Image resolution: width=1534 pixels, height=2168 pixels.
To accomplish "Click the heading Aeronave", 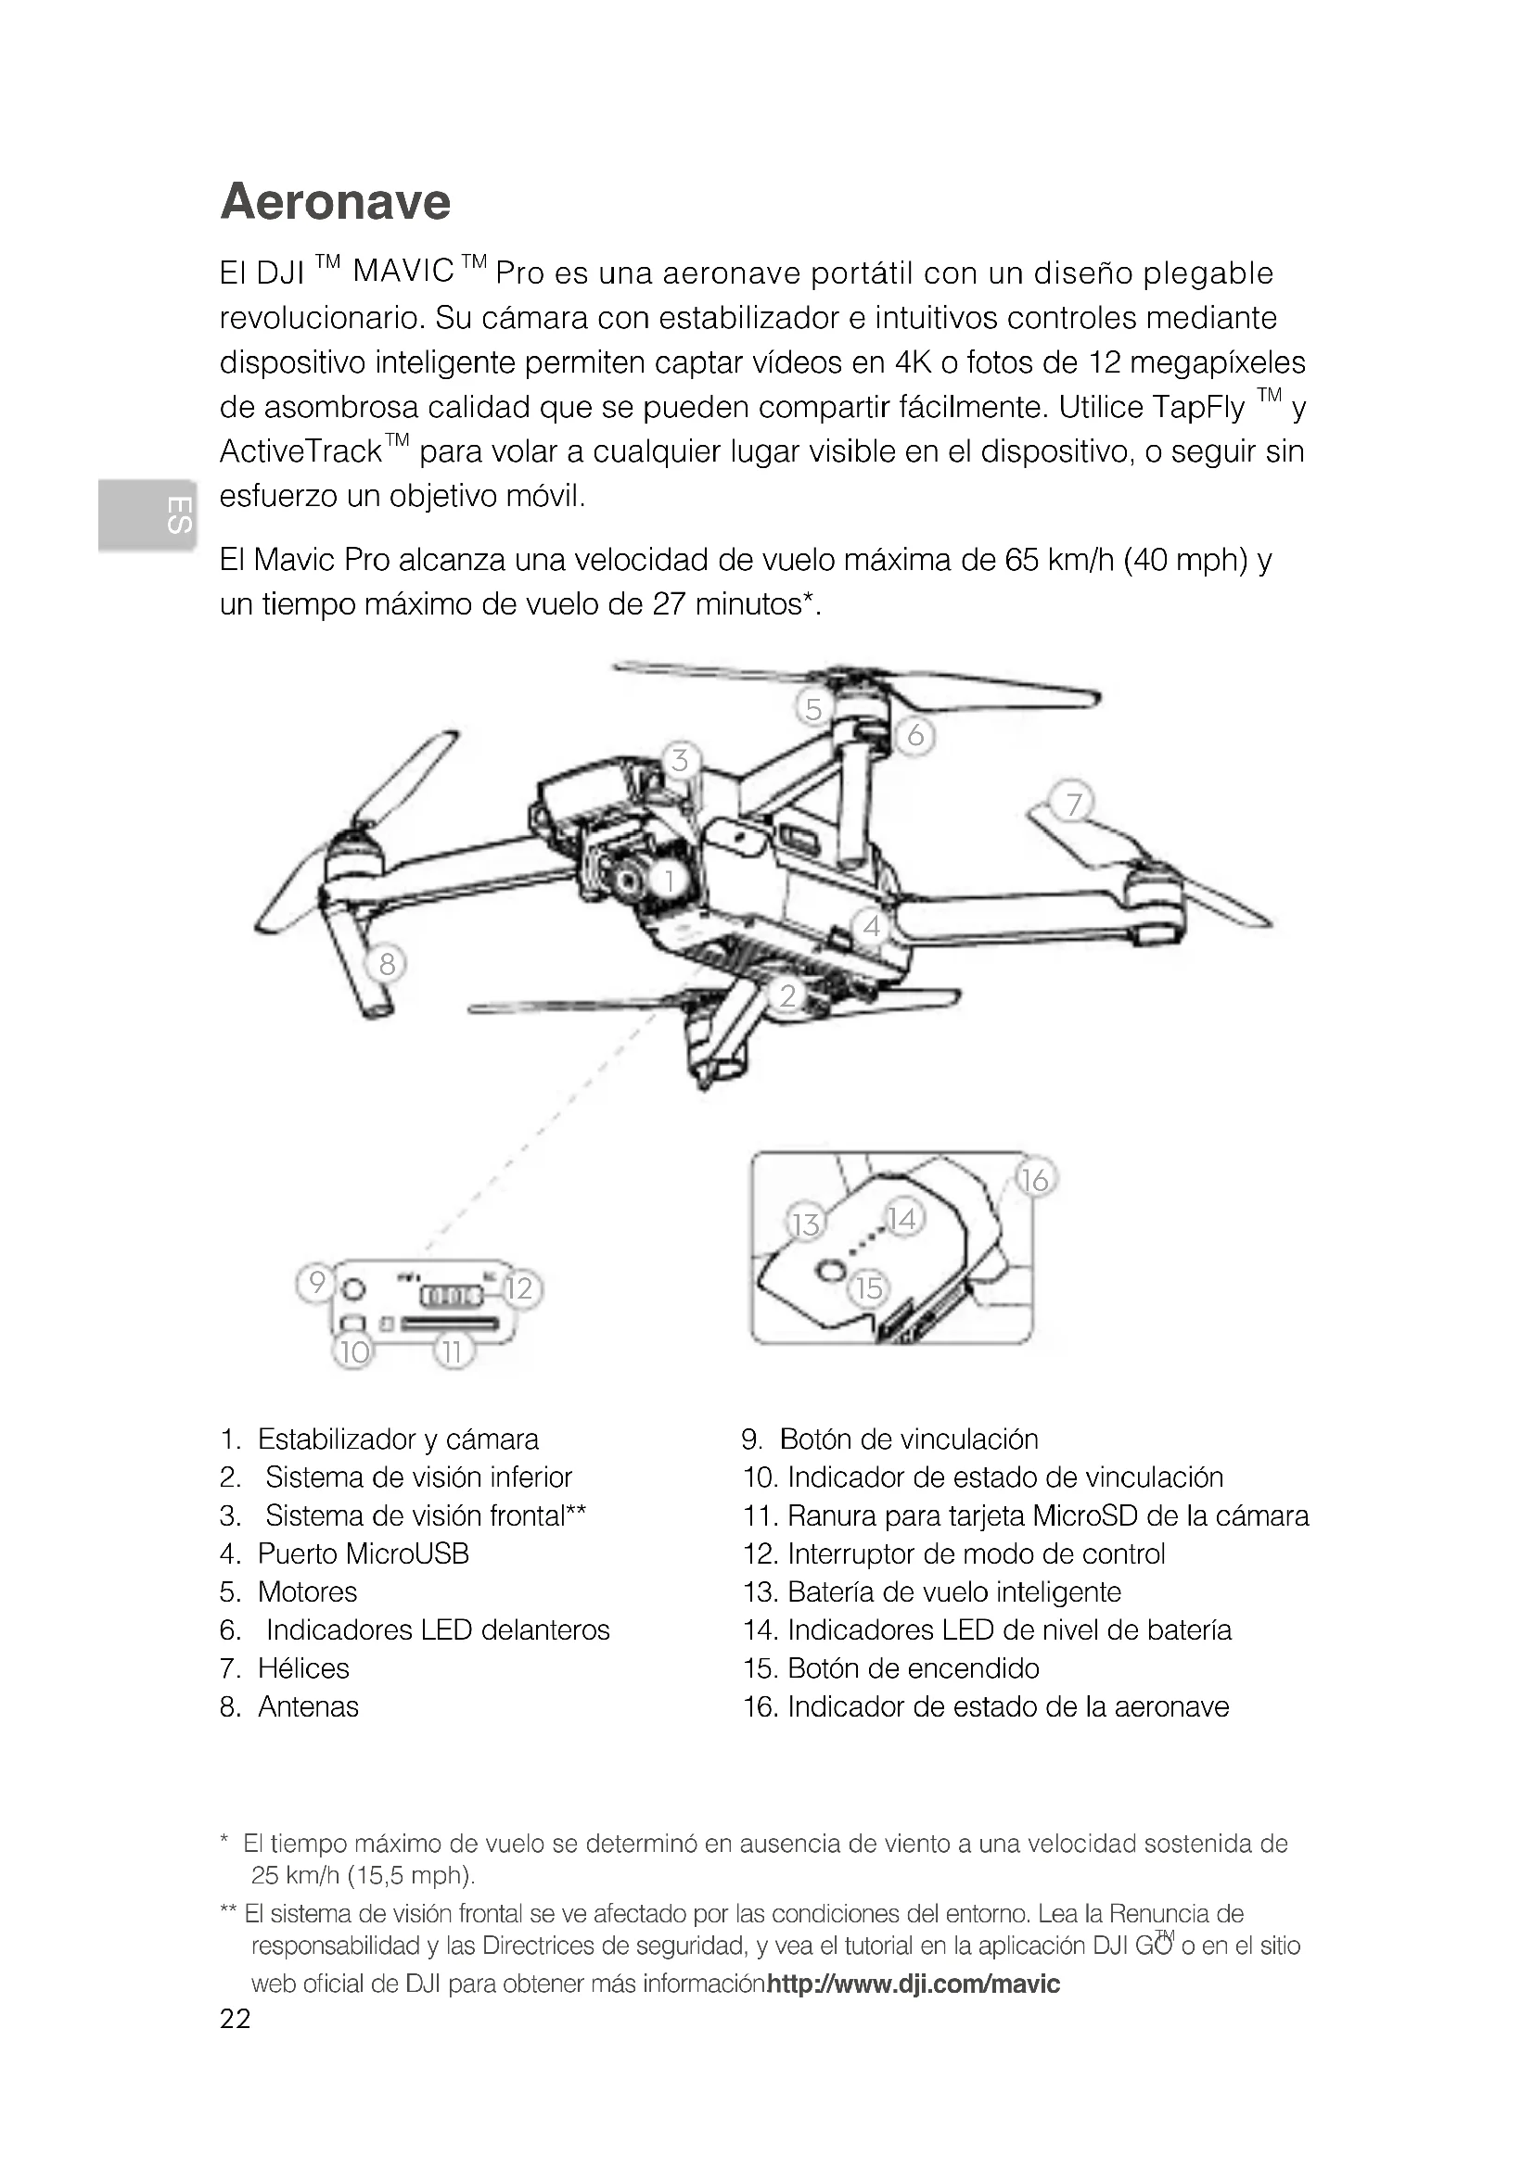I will click(x=336, y=201).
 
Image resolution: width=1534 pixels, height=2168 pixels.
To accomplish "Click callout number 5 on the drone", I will click(x=813, y=707).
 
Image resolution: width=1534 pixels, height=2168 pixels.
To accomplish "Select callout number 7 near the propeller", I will click(x=1073, y=804).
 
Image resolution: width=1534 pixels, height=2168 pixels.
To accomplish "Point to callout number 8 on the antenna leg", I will click(x=387, y=964).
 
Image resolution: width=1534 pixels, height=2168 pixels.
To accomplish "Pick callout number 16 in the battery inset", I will click(x=1035, y=1179).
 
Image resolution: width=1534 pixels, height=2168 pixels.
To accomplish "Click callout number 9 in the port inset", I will click(x=317, y=1281).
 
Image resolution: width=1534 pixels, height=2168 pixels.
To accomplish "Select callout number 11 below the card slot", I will click(x=453, y=1352).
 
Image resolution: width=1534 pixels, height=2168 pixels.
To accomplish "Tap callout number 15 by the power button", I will click(x=869, y=1287).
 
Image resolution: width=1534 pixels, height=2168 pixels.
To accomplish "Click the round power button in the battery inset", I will click(x=830, y=1270).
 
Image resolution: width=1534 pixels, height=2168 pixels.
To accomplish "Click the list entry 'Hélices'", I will click(x=303, y=1667).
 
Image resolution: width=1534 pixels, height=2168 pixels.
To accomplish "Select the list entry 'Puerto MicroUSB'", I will click(x=363, y=1553).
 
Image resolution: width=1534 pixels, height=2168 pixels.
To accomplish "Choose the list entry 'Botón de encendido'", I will click(x=913, y=1667).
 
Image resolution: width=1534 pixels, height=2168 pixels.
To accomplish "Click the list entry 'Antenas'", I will click(x=308, y=1706).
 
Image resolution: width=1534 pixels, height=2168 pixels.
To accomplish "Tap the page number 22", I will click(x=236, y=2020).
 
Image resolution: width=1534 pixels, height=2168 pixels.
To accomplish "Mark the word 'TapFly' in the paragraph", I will click(x=1198, y=408).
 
